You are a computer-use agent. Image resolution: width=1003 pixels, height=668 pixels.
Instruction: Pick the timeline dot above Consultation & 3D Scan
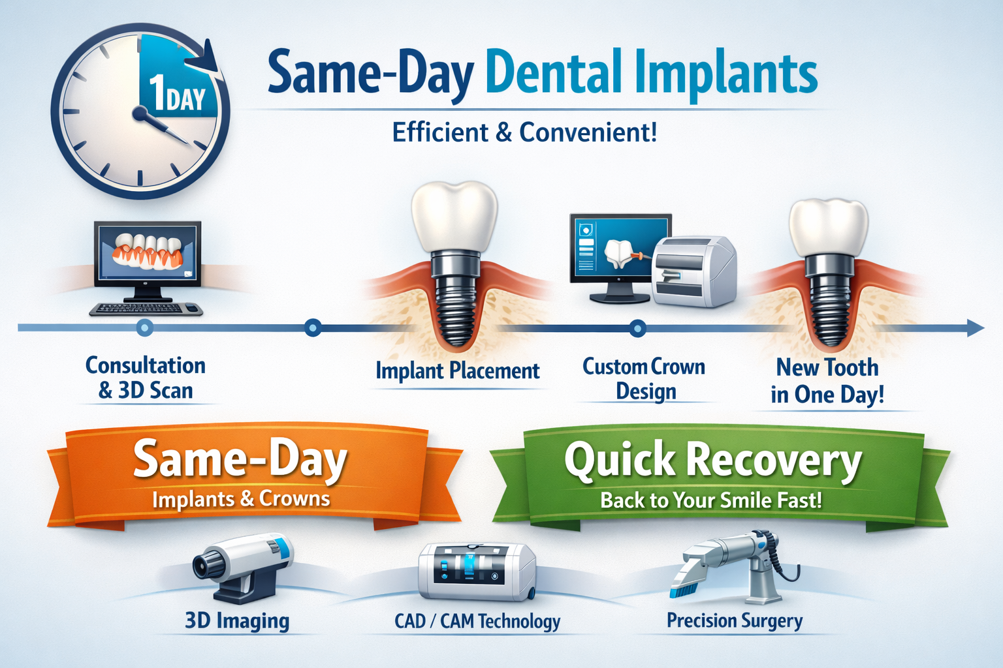pos(145,327)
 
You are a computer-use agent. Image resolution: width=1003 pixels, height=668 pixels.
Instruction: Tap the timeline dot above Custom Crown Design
pos(638,328)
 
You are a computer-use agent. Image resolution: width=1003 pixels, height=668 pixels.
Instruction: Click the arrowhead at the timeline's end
pos(976,328)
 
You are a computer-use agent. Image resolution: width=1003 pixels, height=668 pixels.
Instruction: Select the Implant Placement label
pos(457,371)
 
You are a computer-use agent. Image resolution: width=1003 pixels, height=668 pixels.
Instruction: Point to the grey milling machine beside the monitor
pos(693,270)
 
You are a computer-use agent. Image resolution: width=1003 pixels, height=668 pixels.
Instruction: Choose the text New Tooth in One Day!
pos(827,381)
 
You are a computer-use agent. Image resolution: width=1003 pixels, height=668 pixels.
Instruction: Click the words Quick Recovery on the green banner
pos(713,460)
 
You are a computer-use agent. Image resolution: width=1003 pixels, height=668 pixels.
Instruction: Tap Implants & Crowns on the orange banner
pos(241,499)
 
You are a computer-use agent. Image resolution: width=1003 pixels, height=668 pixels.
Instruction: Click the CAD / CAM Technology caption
pos(477,621)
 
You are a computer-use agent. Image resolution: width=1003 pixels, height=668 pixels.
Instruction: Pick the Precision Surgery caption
pos(735,620)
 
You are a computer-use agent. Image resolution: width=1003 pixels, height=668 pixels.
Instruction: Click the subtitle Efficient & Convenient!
pos(524,132)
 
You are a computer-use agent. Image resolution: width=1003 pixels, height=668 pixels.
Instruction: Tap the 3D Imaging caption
pos(237,620)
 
